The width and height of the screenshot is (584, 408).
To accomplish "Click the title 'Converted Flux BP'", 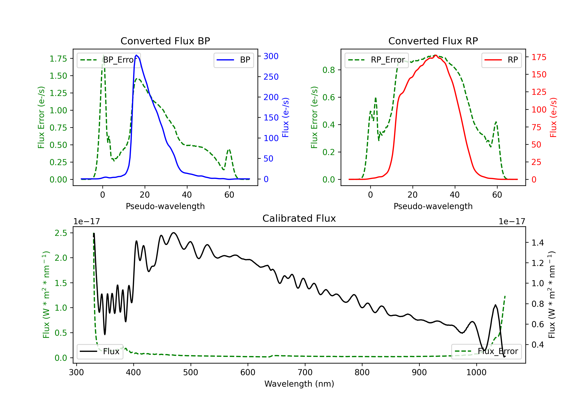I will tap(165, 41).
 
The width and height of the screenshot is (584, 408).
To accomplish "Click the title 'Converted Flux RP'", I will tap(433, 41).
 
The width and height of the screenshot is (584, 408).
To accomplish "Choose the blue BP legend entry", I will tap(233, 60).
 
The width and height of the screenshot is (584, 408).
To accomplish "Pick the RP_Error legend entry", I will tap(376, 60).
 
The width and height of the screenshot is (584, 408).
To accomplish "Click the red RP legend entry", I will tap(501, 60).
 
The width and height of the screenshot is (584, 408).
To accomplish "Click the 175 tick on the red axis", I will tap(539, 57).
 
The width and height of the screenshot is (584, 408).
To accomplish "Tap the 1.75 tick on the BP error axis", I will tap(58, 59).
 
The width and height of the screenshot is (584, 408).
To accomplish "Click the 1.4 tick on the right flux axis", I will tap(537, 243).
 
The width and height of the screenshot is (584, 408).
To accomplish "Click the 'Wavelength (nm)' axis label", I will tap(299, 384).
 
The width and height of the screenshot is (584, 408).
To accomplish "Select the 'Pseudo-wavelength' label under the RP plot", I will tap(433, 206).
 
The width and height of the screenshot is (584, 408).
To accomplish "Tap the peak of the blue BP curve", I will tap(137, 55).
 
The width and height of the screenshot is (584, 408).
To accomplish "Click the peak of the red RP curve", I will tap(435, 55).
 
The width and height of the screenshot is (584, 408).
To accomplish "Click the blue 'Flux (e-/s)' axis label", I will tap(285, 117).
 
